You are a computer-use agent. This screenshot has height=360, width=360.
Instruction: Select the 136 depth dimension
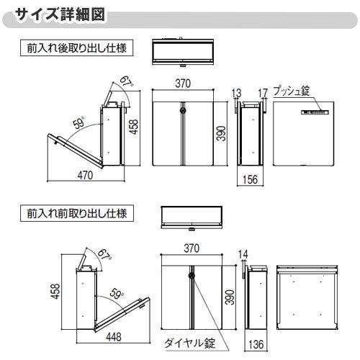pos(256,344)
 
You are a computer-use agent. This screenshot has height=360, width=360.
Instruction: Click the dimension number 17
pos(262,91)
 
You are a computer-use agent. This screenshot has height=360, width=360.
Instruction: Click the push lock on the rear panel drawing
pos(315,112)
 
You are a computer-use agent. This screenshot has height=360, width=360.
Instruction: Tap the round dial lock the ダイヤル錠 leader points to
pos(191,273)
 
